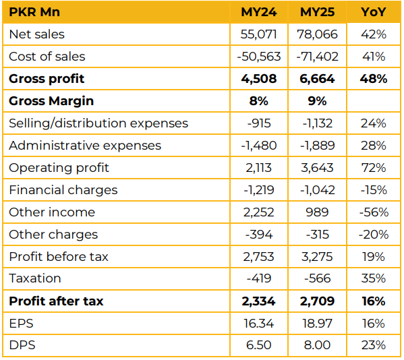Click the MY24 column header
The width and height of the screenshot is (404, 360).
click(x=259, y=12)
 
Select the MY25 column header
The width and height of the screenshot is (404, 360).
click(x=317, y=12)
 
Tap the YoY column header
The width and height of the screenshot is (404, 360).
click(x=374, y=12)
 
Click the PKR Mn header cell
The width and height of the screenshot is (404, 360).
click(x=34, y=12)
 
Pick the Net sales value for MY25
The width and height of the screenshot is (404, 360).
click(x=317, y=34)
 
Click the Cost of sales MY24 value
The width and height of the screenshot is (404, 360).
click(x=259, y=57)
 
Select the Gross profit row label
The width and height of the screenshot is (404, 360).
click(x=47, y=79)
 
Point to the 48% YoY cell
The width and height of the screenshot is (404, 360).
click(x=374, y=79)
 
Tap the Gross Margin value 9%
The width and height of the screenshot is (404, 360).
click(x=317, y=101)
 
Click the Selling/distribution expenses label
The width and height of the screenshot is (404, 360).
click(x=98, y=123)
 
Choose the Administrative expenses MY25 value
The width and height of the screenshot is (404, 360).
click(x=317, y=146)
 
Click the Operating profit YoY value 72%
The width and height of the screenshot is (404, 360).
click(x=374, y=168)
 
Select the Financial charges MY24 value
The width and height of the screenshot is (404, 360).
click(x=259, y=190)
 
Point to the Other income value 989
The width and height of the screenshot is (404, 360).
click(x=317, y=212)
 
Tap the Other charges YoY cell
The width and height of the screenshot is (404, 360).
click(x=374, y=235)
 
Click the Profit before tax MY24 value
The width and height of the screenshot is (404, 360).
click(x=259, y=257)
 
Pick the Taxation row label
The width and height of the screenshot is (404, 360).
click(x=35, y=278)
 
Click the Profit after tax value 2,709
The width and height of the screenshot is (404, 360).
click(x=317, y=301)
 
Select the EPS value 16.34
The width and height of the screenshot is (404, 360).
click(x=259, y=323)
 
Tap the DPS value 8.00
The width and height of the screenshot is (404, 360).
click(x=317, y=345)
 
